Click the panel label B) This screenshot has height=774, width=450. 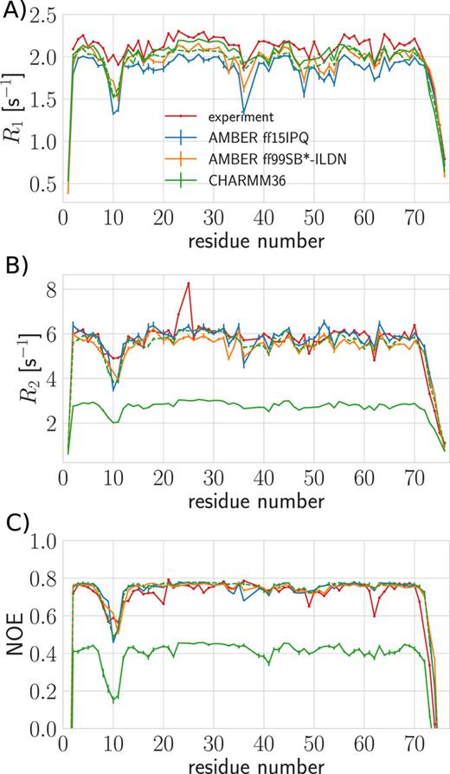(15, 260)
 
